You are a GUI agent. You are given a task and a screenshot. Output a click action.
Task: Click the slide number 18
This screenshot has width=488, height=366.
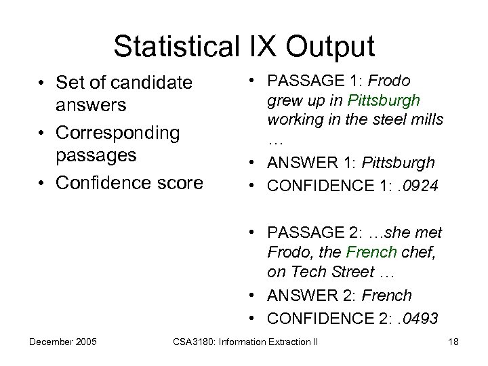[x=453, y=341]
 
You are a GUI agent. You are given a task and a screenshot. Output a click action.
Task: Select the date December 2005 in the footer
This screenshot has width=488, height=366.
[x=62, y=341]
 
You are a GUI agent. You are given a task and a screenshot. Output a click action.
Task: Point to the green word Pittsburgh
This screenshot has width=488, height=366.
[x=384, y=100]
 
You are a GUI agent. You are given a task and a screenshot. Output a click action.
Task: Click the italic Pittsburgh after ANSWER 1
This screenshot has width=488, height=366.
[x=399, y=163]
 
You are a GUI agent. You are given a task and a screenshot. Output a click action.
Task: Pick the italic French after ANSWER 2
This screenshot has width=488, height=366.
[x=387, y=296]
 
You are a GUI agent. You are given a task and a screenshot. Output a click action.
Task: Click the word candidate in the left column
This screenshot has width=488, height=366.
[x=152, y=83]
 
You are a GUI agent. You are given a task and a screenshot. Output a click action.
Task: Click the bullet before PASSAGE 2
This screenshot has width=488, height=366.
[x=251, y=232]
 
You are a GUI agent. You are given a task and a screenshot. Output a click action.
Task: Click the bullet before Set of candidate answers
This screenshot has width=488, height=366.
[x=42, y=83]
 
